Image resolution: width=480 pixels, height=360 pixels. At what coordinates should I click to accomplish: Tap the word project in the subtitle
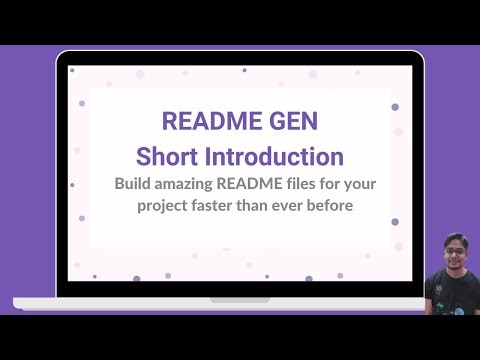pos(165,207)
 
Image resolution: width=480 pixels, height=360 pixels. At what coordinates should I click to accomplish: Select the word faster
pos(223,206)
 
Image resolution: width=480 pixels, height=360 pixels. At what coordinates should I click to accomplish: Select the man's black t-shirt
pos(447,297)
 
